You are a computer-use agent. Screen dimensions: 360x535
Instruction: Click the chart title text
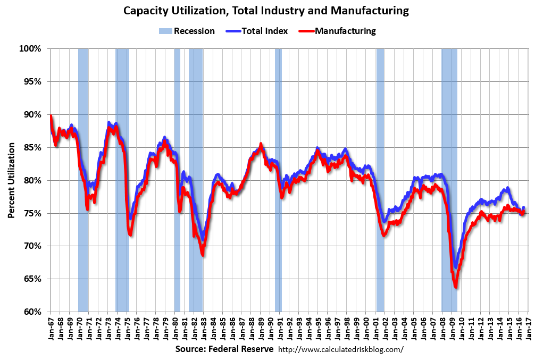click(266, 10)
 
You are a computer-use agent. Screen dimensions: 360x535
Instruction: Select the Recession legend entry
click(187, 31)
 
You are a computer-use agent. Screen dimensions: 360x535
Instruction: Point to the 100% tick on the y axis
click(30, 49)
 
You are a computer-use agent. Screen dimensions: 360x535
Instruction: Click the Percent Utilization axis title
click(11, 180)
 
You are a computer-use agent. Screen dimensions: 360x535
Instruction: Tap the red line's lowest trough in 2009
click(456, 287)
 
